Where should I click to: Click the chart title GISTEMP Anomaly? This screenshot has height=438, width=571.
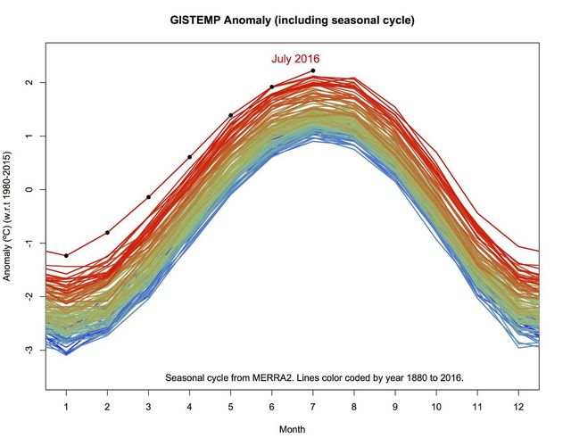291,19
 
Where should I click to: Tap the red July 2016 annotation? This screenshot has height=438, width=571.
295,59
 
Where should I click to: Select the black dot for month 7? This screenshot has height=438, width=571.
313,70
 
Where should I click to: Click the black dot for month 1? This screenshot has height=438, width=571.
66,256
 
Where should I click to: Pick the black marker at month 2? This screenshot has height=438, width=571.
107,233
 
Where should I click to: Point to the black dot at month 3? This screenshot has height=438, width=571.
148,196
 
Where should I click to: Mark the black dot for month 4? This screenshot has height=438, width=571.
189,157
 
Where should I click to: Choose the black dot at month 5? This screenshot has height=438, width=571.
230,115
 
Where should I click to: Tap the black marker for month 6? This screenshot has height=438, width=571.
272,87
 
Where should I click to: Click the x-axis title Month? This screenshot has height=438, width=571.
293,428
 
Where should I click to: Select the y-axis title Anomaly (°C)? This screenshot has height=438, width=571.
8,217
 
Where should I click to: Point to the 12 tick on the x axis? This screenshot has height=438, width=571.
519,406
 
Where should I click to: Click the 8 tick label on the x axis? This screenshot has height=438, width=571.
354,406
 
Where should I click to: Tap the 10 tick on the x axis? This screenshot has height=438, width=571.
436,406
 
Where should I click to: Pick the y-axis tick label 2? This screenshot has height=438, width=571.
29,83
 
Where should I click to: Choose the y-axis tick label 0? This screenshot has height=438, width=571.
29,189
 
